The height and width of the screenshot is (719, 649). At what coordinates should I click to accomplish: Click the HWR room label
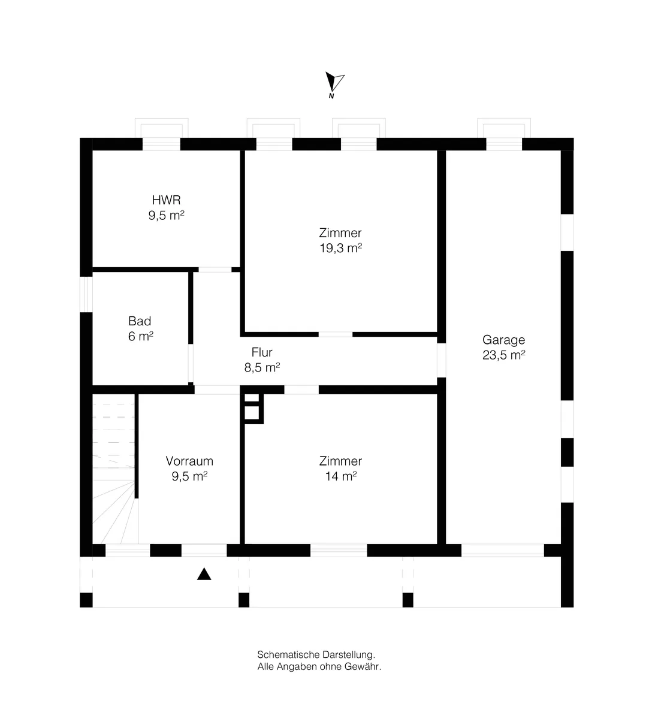[166, 200]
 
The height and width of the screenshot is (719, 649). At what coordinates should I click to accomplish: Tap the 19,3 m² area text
[340, 248]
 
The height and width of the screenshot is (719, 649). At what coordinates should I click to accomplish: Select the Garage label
[503, 340]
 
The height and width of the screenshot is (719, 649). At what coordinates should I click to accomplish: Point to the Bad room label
[140, 321]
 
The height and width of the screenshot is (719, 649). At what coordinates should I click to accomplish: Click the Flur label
[262, 352]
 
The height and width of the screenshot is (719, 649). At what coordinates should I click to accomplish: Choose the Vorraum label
[189, 461]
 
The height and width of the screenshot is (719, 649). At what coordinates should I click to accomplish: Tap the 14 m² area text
[340, 476]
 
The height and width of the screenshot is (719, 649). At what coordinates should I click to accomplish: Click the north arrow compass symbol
[334, 84]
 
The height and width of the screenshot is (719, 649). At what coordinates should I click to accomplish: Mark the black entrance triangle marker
[204, 574]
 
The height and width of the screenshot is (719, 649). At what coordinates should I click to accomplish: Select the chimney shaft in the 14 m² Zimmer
[252, 409]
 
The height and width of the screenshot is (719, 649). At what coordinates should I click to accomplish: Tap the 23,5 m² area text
[503, 355]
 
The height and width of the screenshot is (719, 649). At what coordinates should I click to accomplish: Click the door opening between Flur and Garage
[442, 360]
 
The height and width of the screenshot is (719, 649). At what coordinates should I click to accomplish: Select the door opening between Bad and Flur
[191, 363]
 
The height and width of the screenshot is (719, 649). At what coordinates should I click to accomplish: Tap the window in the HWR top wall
[161, 144]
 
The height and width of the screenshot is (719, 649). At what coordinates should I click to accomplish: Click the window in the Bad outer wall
[86, 294]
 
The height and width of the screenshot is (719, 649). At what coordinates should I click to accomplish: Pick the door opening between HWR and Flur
[215, 270]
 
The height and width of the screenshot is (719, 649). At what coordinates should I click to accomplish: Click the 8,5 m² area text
[262, 368]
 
